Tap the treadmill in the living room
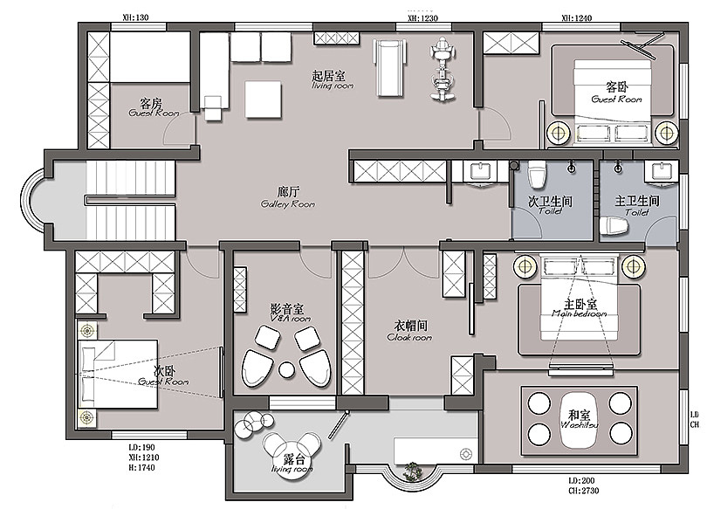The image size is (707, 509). click(x=388, y=67)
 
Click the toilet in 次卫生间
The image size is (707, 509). click(x=538, y=175)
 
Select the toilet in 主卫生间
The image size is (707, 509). click(x=614, y=226)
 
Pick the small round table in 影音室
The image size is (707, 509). click(x=285, y=369)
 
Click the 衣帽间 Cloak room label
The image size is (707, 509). click(x=408, y=330)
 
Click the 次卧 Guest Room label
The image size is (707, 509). click(x=169, y=375)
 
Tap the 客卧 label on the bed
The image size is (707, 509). click(x=616, y=92)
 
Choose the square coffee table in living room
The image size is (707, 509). click(x=264, y=99)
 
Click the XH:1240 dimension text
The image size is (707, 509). click(x=577, y=17)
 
